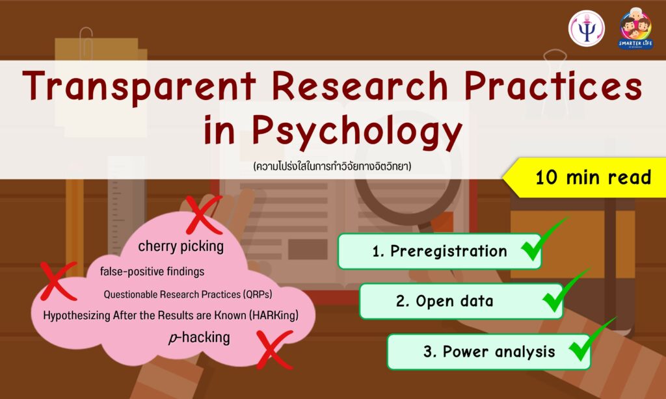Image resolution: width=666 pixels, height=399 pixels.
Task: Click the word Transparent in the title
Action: pos(139,86)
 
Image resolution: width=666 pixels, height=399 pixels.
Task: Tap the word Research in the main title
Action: pos(360,86)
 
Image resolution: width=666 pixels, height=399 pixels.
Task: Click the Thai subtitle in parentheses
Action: pos(332,166)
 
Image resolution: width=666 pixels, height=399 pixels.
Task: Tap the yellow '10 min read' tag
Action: pos(585,177)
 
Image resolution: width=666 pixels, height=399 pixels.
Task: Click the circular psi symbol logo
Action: pos(587,29)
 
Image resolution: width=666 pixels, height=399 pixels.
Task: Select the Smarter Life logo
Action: pos(635,29)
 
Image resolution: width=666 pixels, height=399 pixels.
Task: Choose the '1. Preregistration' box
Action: pos(440,251)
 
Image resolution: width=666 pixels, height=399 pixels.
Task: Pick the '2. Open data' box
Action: pos(461,302)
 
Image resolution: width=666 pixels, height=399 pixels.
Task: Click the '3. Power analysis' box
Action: pos(489,352)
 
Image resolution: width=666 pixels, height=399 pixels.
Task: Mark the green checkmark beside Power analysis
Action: pos(591,340)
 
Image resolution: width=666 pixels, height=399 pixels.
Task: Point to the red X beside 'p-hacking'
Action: pos(274,350)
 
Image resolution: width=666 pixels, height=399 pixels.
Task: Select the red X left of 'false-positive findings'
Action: pos(59,281)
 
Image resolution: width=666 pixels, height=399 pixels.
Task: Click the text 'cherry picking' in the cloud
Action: pos(181,246)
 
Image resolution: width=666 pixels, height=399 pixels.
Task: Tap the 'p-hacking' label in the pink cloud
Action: pos(199,338)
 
